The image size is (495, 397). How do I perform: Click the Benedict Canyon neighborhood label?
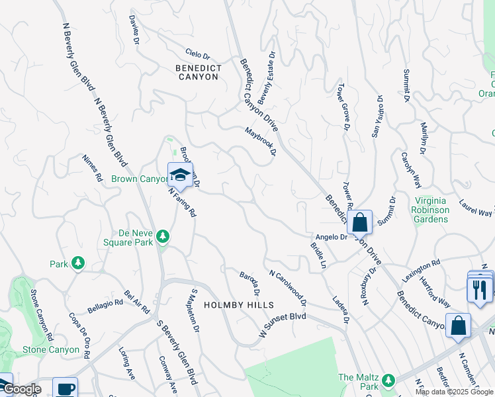pos(197,72)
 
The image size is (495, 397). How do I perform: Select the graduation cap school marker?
pos(180,175)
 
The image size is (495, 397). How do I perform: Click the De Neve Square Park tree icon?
pos(163,237)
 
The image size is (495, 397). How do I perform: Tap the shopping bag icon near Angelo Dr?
pos(360,222)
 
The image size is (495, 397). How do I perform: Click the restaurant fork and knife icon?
pos(479,288)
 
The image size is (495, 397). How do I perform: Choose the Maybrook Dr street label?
pos(259,142)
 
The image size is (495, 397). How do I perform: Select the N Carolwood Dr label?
pos(287,286)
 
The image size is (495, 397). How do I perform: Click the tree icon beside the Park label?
pos(78,263)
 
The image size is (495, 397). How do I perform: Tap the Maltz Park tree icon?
pos(388,380)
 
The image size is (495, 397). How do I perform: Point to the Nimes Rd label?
pos(92,168)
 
